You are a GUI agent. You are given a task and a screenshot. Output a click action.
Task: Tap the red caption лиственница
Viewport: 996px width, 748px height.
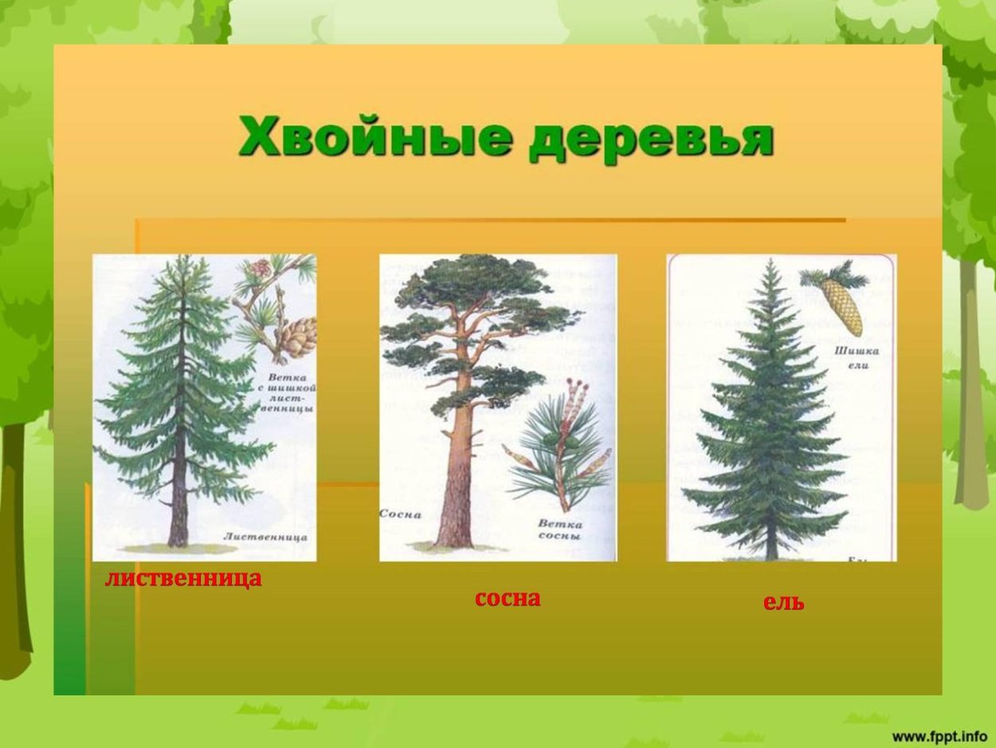coord(183,578)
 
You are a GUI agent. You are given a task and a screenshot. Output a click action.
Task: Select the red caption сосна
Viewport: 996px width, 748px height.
coord(508,598)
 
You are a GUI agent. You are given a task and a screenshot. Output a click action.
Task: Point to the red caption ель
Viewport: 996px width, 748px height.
coord(783,603)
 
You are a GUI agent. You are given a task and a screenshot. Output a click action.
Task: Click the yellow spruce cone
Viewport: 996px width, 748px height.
coord(842,307)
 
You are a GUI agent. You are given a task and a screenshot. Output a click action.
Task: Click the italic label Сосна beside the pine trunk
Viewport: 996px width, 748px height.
coord(400,515)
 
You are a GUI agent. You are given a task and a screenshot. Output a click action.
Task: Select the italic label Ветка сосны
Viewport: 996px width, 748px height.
coord(559,530)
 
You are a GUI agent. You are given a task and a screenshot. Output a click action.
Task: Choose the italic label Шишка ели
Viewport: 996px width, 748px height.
coord(857,357)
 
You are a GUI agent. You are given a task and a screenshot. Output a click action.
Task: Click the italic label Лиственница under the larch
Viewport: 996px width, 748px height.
coord(265,537)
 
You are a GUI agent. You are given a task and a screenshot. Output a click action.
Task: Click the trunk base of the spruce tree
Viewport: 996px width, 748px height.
coord(771,550)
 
